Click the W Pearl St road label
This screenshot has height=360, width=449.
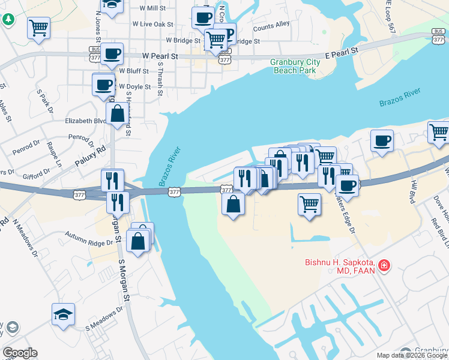[161, 55]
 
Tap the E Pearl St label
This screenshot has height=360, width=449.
[341, 52]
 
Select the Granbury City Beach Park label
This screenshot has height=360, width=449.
[294, 66]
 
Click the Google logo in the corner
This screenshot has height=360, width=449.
[20, 353]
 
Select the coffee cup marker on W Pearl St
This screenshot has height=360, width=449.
[112, 55]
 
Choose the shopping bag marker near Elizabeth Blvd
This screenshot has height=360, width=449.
[118, 113]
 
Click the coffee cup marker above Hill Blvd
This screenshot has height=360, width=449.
[382, 141]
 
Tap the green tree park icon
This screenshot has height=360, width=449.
[8, 19]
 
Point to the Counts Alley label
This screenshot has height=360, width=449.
[271, 26]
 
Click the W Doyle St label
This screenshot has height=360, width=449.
[135, 87]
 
